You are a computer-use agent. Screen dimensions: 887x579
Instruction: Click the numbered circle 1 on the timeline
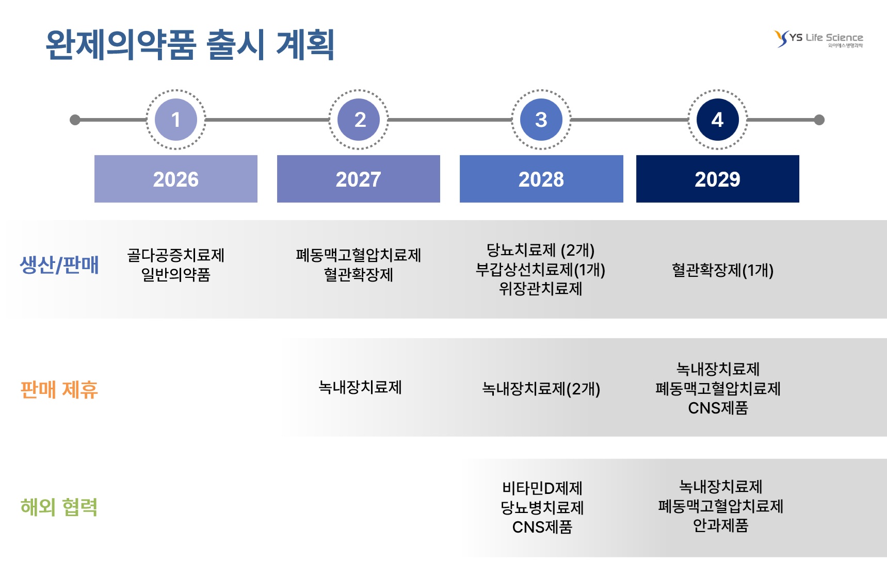coord(176,120)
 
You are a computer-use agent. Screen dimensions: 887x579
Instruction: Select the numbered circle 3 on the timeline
coord(541,120)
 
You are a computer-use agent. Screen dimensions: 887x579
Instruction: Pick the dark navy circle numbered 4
coord(718,120)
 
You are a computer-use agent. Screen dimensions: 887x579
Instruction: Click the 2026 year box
coord(176,179)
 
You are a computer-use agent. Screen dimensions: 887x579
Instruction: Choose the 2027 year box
coord(359,179)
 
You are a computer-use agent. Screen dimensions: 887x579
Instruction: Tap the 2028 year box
coord(541,179)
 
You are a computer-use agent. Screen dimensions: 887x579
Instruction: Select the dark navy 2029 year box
coord(718,179)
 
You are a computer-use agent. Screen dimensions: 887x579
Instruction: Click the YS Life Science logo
coord(818,39)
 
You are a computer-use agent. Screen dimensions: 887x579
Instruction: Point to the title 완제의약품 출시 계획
coord(190,45)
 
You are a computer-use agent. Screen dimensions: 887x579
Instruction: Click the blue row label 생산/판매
coord(59,265)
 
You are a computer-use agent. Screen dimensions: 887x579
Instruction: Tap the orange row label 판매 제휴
coord(59,390)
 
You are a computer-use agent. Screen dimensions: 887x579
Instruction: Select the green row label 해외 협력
coord(59,507)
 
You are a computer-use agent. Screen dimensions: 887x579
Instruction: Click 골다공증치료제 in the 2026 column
coord(176,255)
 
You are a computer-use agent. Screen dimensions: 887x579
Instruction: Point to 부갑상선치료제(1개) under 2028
coord(540,270)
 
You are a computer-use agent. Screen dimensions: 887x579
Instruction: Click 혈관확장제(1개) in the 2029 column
coord(722,270)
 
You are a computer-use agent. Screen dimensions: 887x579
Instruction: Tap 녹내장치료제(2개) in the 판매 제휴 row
coord(541,389)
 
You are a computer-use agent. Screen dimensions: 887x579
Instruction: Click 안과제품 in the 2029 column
coord(720,525)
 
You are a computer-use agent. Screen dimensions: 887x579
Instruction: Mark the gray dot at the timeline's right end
coord(819,120)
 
